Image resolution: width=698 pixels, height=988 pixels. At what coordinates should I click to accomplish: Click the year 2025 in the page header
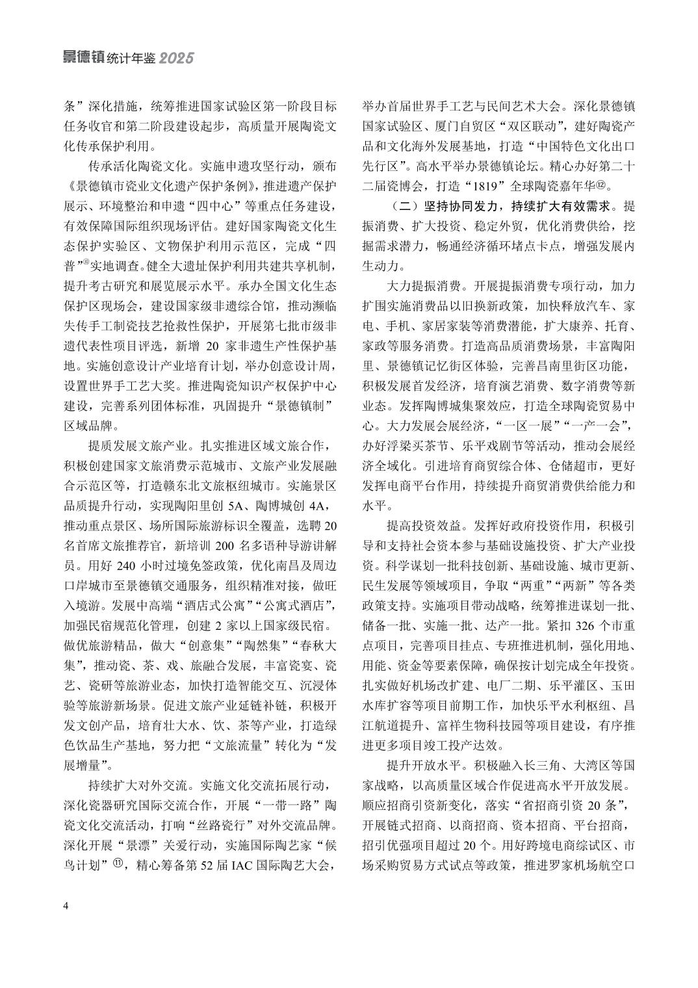click(x=176, y=58)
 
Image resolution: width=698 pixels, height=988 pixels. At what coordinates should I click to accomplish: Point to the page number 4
click(x=66, y=906)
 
